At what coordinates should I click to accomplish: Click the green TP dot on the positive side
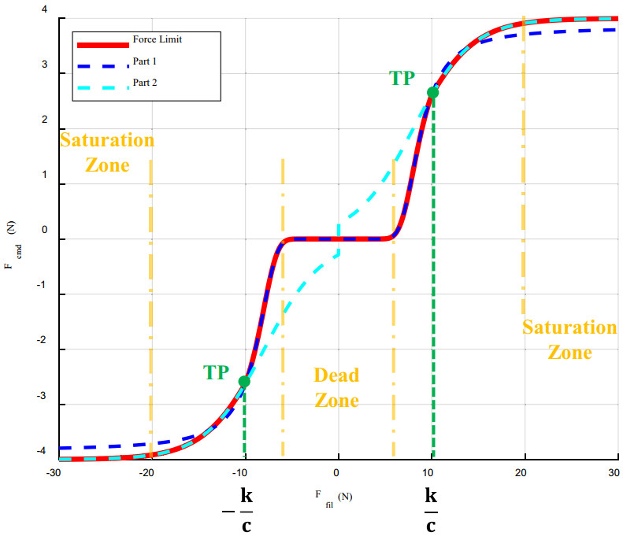[432, 92]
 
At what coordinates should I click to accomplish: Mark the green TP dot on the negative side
[244, 381]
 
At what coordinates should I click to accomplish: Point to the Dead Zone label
[336, 387]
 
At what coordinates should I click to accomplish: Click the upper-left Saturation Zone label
[107, 153]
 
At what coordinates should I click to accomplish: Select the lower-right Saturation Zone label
[569, 339]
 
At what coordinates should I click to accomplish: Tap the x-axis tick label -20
[146, 472]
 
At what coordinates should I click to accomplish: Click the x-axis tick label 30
[613, 472]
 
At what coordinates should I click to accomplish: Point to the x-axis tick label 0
[337, 472]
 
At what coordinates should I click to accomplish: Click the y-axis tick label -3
[43, 404]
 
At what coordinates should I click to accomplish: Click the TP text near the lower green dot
[217, 372]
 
